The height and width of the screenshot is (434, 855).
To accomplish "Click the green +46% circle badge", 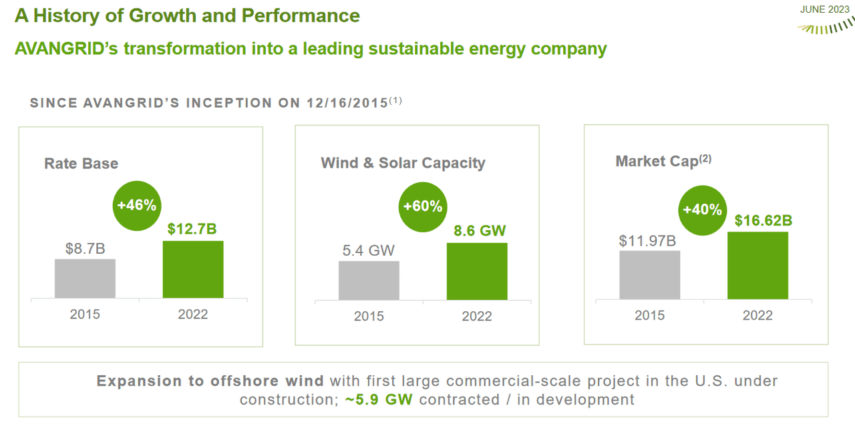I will click(x=136, y=205).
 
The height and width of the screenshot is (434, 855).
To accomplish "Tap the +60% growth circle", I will click(x=423, y=206).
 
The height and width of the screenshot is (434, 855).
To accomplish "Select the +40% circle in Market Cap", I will click(x=702, y=210).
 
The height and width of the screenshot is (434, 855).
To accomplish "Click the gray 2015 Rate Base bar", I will click(x=85, y=278).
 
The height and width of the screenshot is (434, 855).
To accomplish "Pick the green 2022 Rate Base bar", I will click(x=193, y=269).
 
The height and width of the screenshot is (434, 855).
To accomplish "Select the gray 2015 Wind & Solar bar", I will click(x=369, y=280).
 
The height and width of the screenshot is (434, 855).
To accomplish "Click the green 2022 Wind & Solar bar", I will click(x=477, y=271).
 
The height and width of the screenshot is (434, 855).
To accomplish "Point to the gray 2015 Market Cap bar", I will click(x=649, y=275).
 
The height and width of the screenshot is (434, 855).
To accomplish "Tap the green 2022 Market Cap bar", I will click(x=757, y=265).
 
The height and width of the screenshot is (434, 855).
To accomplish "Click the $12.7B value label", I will click(x=192, y=229).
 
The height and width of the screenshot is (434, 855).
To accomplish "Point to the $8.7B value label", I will click(x=85, y=248).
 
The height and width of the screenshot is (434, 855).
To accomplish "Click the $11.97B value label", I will click(x=648, y=240).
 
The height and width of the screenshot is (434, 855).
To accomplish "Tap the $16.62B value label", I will click(x=757, y=220).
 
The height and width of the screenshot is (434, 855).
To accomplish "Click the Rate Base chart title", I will click(x=81, y=164).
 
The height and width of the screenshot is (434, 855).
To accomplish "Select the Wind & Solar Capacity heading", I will click(x=403, y=163).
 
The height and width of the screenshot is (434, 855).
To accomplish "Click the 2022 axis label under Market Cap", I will click(x=757, y=315).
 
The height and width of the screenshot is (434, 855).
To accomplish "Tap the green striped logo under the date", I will click(x=825, y=27).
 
